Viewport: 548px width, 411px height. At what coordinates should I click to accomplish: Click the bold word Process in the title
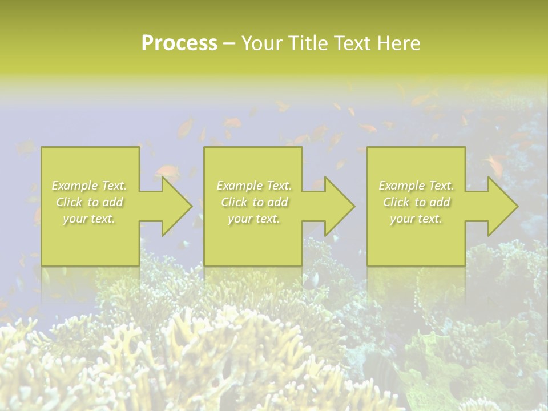click(179, 43)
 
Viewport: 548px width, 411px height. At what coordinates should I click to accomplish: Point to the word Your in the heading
click(261, 43)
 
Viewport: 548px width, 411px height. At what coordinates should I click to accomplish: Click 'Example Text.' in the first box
click(89, 186)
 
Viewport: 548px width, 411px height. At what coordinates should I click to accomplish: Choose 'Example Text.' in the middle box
click(254, 186)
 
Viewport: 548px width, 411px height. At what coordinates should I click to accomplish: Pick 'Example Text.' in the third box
click(416, 186)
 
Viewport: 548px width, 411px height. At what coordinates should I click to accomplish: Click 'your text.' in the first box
click(89, 219)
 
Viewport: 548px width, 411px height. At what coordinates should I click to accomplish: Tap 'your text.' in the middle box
click(254, 219)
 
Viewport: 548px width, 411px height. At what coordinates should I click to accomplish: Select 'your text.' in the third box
click(416, 219)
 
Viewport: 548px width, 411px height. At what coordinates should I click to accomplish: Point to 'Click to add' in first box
click(89, 202)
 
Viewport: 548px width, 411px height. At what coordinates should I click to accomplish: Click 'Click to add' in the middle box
click(254, 202)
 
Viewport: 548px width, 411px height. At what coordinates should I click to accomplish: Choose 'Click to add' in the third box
click(416, 202)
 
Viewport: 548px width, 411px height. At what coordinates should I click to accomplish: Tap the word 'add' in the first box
click(114, 202)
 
